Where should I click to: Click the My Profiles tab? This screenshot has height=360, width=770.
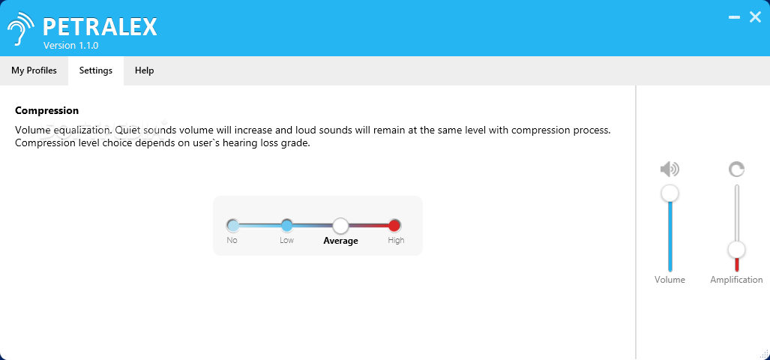pyautogui.click(x=34, y=70)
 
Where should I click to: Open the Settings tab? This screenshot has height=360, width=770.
pyautogui.click(x=96, y=70)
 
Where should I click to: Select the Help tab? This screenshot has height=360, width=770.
pyautogui.click(x=145, y=70)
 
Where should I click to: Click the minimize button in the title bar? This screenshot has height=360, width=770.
pyautogui.click(x=734, y=17)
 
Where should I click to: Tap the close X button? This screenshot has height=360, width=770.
pyautogui.click(x=755, y=17)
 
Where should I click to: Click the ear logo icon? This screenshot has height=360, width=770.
pyautogui.click(x=21, y=28)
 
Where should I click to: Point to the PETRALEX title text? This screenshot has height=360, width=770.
pyautogui.click(x=100, y=27)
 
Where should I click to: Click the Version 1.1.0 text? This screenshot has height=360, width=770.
pyautogui.click(x=70, y=46)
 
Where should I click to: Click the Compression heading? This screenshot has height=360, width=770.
pyautogui.click(x=46, y=111)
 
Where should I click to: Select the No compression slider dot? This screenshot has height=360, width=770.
pyautogui.click(x=232, y=226)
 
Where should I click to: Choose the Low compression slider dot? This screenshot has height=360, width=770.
pyautogui.click(x=287, y=226)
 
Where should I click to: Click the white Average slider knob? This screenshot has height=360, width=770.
pyautogui.click(x=340, y=226)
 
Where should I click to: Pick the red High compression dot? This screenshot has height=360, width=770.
pyautogui.click(x=394, y=226)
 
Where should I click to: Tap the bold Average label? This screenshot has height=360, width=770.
pyautogui.click(x=340, y=241)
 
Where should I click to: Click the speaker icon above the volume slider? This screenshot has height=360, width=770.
pyautogui.click(x=670, y=169)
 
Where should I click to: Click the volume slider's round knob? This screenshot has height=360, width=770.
pyautogui.click(x=670, y=193)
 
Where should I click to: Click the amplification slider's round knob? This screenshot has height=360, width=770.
pyautogui.click(x=736, y=250)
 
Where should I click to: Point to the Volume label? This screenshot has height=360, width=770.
pyautogui.click(x=670, y=280)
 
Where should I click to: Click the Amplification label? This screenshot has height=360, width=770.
pyautogui.click(x=736, y=280)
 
